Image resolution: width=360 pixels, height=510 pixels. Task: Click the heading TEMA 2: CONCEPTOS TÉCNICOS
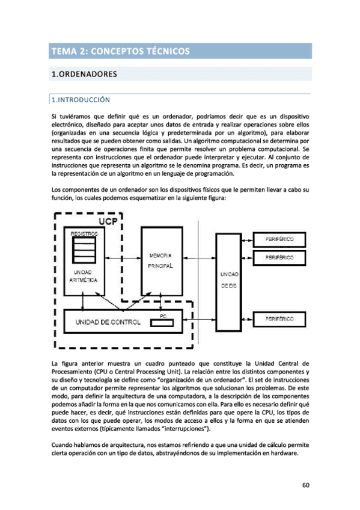(121, 51)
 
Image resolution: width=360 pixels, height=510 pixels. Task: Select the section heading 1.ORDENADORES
(83, 75)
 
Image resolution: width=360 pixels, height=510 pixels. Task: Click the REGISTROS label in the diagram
(84, 232)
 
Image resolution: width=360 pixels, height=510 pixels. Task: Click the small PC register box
(162, 322)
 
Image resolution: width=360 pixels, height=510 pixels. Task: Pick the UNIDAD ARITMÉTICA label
(83, 277)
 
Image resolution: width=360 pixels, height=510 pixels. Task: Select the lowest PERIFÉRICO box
(279, 318)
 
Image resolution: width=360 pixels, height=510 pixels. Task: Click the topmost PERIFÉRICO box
(279, 239)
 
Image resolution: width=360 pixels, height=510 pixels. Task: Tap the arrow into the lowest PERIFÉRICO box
(247, 318)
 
